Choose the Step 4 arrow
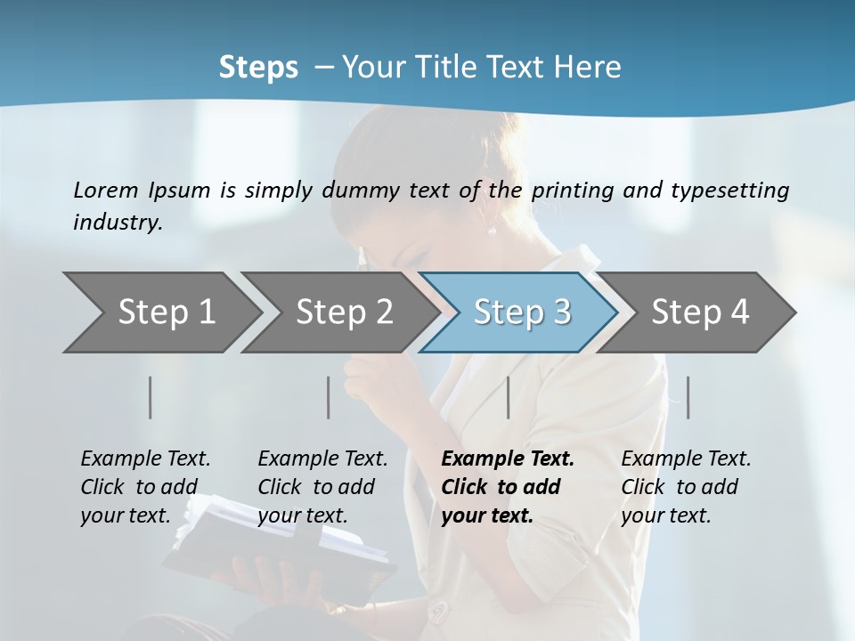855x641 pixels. point(698,312)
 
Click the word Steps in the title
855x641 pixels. point(258,67)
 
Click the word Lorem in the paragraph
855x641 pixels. point(105,190)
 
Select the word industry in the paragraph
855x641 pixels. point(117,223)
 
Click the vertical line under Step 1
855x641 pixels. point(151,397)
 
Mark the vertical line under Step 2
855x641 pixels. point(329,397)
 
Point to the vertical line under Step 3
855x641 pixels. point(509,397)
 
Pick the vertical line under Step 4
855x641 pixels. point(688,397)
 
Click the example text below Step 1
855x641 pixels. point(145,487)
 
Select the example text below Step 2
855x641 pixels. point(322,487)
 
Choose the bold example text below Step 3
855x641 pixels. point(508,487)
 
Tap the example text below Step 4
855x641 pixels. point(686,487)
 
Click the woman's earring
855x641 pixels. point(491,231)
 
